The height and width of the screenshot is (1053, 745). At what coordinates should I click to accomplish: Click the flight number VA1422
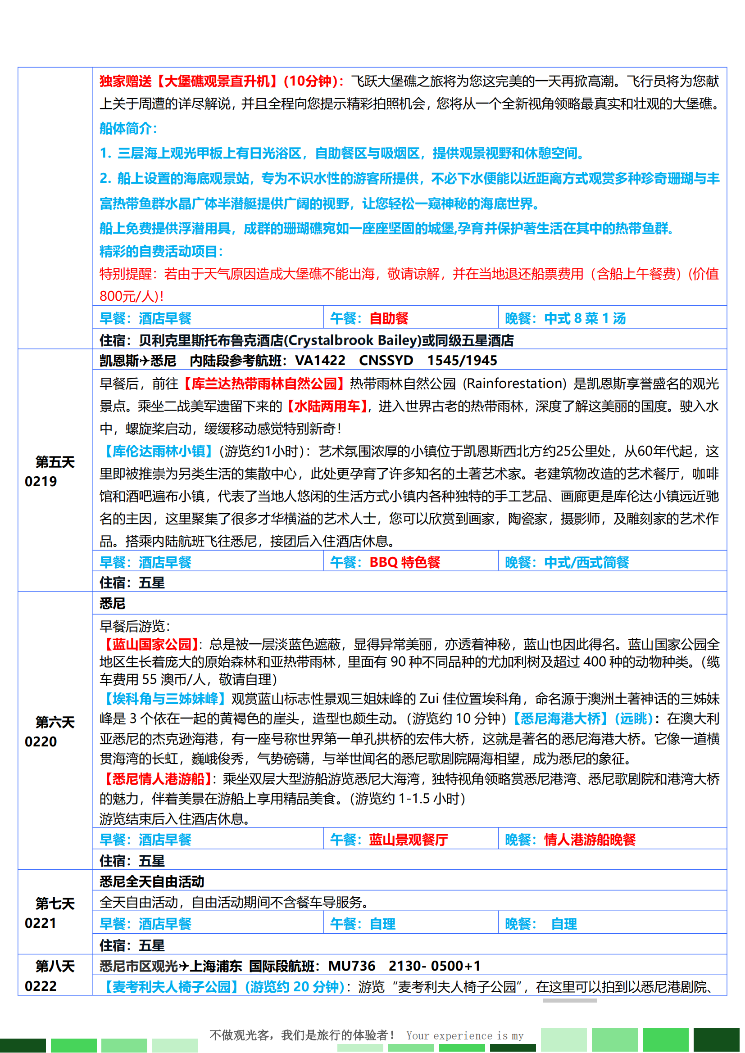[x=320, y=361]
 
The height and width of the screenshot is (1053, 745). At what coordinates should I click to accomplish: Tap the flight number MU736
[x=351, y=966]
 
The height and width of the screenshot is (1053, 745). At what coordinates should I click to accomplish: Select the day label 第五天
[x=55, y=462]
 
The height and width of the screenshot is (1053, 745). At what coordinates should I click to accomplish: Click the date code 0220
[x=41, y=741]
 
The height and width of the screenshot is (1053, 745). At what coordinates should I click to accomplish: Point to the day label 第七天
[x=55, y=904]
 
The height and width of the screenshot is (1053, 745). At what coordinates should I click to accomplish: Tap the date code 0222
[x=41, y=986]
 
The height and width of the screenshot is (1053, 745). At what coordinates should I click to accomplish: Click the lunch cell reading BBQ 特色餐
[x=404, y=562]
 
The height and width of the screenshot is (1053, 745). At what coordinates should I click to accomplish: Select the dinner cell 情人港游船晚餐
[x=590, y=840]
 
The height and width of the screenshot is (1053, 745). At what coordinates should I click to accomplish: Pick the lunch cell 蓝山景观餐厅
[x=408, y=840]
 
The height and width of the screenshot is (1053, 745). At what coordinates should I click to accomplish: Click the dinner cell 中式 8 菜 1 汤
[x=585, y=318]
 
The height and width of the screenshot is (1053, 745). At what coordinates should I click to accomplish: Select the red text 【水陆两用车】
[x=327, y=406]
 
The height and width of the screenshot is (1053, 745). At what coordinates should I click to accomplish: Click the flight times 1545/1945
[x=462, y=361]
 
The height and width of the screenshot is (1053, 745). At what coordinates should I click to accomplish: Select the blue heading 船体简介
[x=128, y=128]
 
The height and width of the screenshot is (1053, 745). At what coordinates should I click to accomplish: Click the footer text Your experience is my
[x=465, y=1035]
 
